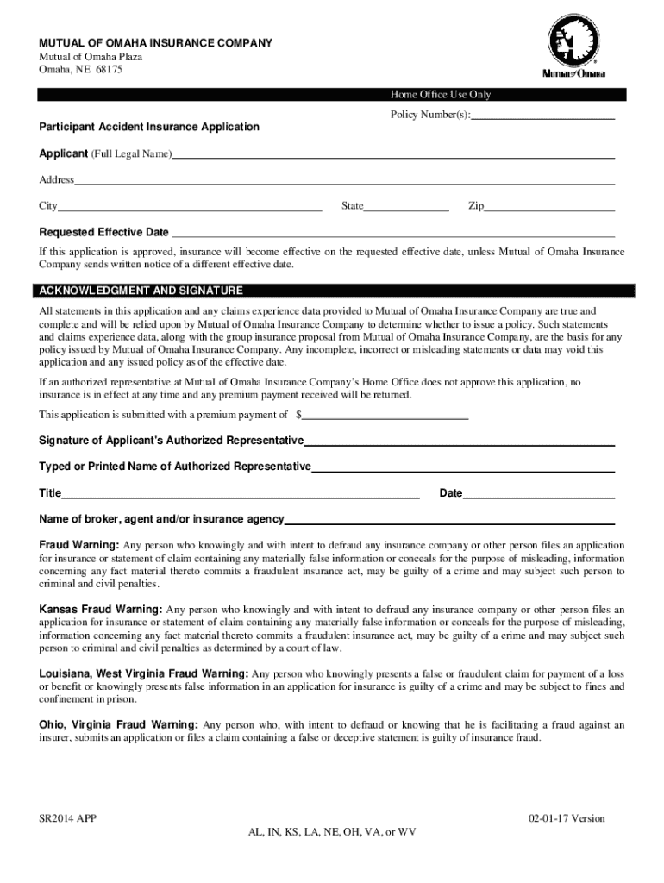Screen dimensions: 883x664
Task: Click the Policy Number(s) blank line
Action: (x=542, y=116)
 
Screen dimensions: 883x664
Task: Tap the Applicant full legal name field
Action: (x=393, y=156)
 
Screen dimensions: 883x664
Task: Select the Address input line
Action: (x=344, y=181)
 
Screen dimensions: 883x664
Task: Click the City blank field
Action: (x=190, y=208)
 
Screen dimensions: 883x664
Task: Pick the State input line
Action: (x=406, y=208)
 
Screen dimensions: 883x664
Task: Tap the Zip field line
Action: (x=550, y=208)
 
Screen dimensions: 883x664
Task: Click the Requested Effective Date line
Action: (x=392, y=234)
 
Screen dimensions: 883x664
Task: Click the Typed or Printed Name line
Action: (x=463, y=468)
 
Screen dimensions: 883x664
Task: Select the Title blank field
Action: (x=241, y=495)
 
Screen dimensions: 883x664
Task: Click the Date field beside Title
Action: (x=539, y=495)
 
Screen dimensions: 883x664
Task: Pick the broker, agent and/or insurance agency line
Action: (x=449, y=521)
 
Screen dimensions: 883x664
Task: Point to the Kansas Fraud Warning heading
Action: (x=101, y=610)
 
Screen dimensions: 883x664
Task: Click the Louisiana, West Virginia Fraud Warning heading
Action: (x=144, y=673)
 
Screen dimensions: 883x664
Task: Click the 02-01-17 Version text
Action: (x=567, y=819)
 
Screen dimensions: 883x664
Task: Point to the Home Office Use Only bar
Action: (x=441, y=95)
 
